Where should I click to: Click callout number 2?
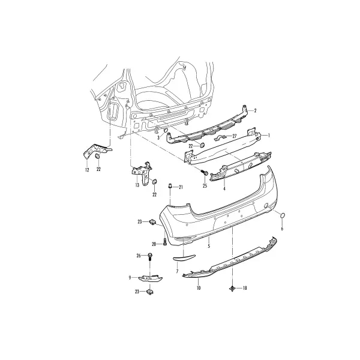tap(255, 110)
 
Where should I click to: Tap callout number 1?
tap(269, 136)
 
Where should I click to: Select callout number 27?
tap(234, 136)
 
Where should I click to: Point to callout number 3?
tap(158, 138)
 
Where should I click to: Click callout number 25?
tap(205, 186)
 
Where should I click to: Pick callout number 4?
tap(224, 189)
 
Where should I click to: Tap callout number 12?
tap(87, 170)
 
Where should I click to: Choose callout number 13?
tap(137, 185)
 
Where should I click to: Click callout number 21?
tap(181, 187)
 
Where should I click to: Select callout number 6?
tap(282, 229)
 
